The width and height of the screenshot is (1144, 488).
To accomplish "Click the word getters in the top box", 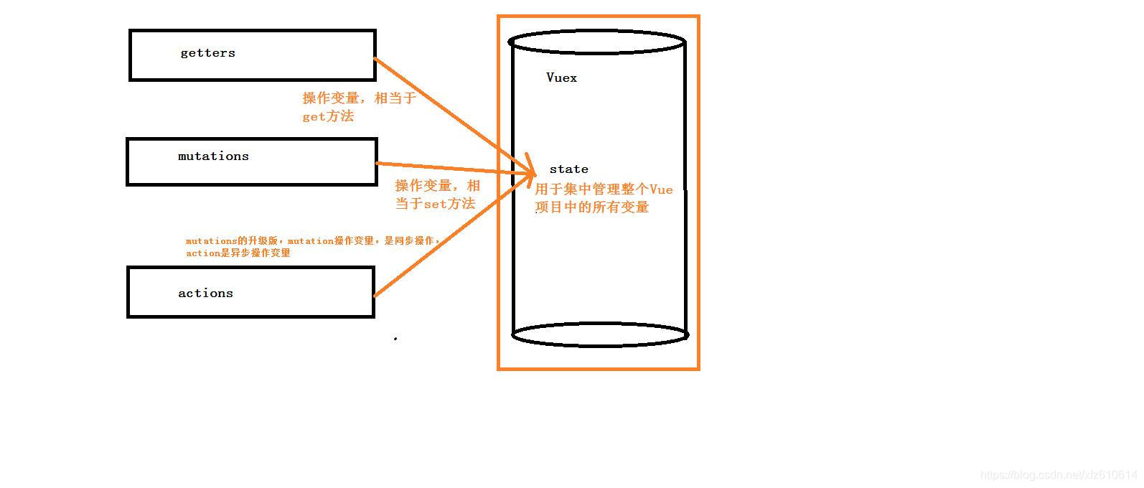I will [x=207, y=53].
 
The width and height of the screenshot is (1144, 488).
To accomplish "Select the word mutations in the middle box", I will [x=213, y=156].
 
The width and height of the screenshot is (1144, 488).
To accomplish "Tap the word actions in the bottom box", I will [x=205, y=294].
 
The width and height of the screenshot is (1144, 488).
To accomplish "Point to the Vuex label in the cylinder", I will [x=561, y=78].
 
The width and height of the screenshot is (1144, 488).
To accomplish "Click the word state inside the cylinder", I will [x=568, y=169].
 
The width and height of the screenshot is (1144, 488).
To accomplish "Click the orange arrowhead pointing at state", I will [x=530, y=172].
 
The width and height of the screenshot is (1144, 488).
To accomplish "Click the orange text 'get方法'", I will [x=328, y=116].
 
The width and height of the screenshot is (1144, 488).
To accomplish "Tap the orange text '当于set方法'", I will [x=435, y=204].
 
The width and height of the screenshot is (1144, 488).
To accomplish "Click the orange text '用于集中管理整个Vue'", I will [x=604, y=189].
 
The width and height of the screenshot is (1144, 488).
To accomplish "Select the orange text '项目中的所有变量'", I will [x=592, y=207].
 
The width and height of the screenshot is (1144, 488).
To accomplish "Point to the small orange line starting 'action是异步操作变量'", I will [x=238, y=253].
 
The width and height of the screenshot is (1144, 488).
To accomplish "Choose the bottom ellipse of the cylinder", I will [x=600, y=334].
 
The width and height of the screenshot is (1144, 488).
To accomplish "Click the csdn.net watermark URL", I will [x=1058, y=475].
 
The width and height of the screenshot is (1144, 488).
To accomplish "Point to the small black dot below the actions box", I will [x=395, y=338].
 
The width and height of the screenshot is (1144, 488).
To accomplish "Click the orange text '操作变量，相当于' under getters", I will [x=359, y=98].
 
